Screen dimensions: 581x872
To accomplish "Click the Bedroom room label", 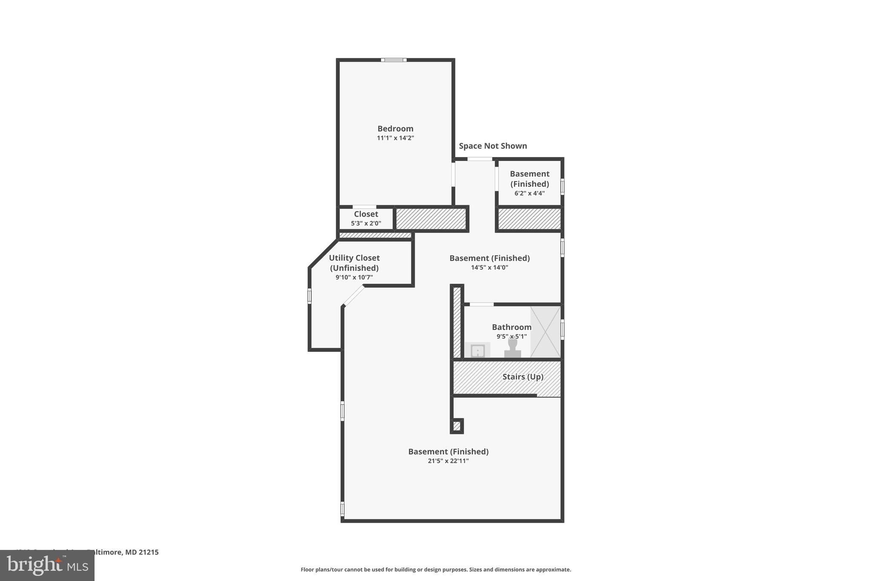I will pos(395,129).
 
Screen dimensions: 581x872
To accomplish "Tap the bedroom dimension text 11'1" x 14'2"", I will pos(395,138).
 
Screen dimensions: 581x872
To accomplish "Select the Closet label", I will pos(366,214).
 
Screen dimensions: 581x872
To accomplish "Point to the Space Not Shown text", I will pos(493,146).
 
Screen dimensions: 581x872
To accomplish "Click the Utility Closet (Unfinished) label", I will pos(354,263).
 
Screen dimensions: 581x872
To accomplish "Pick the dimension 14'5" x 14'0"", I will pos(489,268).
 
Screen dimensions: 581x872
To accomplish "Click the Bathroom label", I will pos(511,327).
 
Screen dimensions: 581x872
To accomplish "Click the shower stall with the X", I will pos(545,332).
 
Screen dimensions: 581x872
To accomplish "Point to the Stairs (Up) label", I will pos(522,377).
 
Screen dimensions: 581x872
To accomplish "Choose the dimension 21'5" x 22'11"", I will pos(448,461).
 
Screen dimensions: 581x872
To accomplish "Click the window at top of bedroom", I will pos(393,60).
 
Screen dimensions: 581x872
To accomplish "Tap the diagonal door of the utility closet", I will pos(354,296).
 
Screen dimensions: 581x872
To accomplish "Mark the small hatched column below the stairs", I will pos(457,426).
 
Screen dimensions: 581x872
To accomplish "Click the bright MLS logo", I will pos(47,565).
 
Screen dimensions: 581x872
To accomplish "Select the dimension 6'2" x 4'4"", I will pos(529,193).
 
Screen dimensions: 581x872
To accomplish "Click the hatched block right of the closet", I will pos(431,219).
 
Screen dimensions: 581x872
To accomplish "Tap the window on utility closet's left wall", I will pos(310,296).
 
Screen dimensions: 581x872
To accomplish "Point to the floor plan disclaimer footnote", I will pos(436,570).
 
